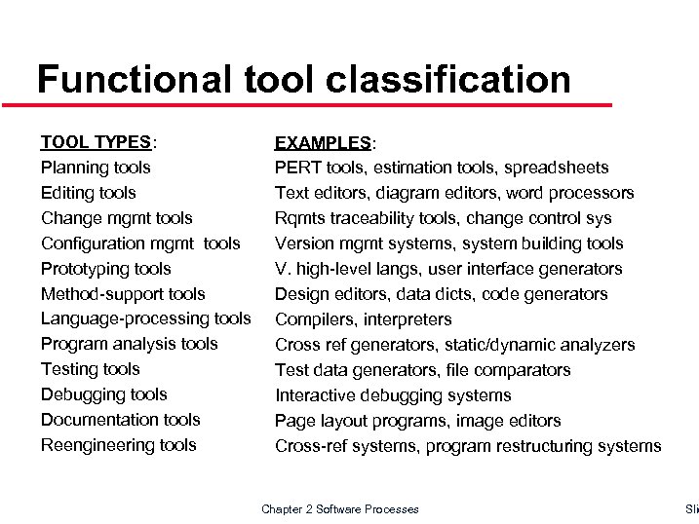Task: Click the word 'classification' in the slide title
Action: click(x=449, y=79)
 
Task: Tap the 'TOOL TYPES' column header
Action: click(x=96, y=142)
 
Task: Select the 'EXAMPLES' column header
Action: click(x=323, y=143)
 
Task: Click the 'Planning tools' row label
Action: click(x=96, y=168)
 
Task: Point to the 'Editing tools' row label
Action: click(x=89, y=193)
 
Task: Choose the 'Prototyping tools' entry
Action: click(x=105, y=269)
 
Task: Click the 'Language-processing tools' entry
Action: click(x=145, y=318)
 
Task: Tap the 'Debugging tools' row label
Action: click(x=103, y=394)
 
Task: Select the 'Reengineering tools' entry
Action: click(x=118, y=445)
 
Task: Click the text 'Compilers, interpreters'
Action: click(x=364, y=319)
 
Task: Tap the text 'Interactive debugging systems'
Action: click(x=393, y=395)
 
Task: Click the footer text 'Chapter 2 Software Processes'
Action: click(x=340, y=509)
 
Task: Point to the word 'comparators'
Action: click(x=523, y=370)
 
